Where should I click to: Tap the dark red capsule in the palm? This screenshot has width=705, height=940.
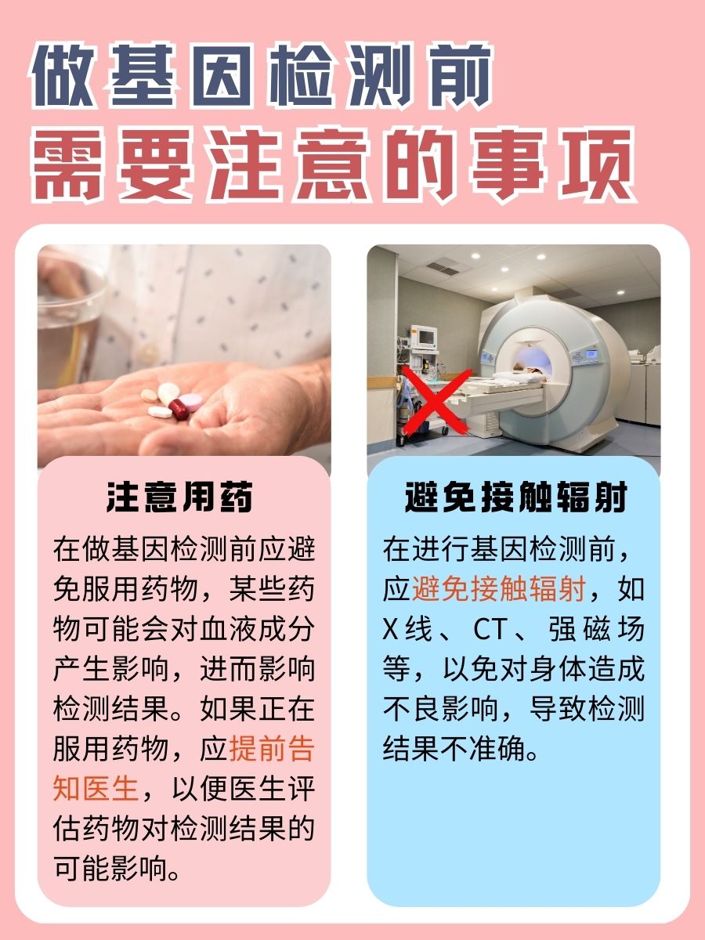coord(180,407)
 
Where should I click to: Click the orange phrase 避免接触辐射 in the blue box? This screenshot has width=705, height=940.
coord(498,588)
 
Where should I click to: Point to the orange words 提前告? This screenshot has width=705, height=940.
coord(271,750)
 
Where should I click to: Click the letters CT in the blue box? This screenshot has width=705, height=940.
coord(492,629)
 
